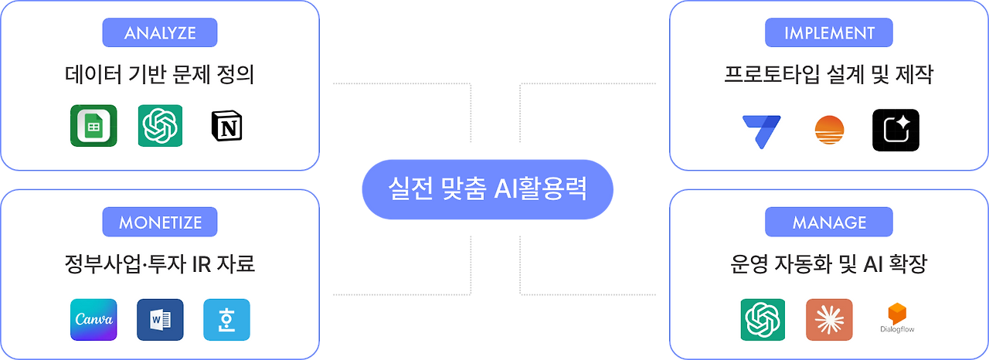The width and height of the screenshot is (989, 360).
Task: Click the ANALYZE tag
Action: pyautogui.click(x=160, y=33)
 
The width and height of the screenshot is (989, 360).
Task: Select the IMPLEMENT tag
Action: pyautogui.click(x=829, y=33)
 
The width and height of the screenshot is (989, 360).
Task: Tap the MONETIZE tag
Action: pyautogui.click(x=160, y=222)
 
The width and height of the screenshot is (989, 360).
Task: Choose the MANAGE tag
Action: pyautogui.click(x=829, y=222)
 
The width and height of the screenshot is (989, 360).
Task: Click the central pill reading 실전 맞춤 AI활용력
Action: pyautogui.click(x=488, y=189)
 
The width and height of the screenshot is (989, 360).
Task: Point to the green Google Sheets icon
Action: pyautogui.click(x=93, y=125)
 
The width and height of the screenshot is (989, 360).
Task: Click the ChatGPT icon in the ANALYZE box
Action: pyautogui.click(x=160, y=125)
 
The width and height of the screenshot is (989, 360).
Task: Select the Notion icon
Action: pyautogui.click(x=227, y=126)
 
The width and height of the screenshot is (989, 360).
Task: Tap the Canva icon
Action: pyautogui.click(x=93, y=320)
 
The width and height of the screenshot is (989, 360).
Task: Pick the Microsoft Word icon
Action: pyautogui.click(x=160, y=320)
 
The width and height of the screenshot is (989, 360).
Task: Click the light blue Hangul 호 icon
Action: pyautogui.click(x=227, y=320)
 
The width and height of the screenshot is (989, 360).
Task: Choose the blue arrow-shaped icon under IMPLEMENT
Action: pyautogui.click(x=761, y=128)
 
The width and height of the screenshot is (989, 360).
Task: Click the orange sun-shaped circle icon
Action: pyautogui.click(x=829, y=130)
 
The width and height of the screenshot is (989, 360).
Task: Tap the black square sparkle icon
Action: pyautogui.click(x=896, y=130)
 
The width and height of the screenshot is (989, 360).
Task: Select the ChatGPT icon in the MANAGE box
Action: pyautogui.click(x=763, y=319)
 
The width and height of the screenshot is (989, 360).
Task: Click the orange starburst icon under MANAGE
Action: pyautogui.click(x=829, y=319)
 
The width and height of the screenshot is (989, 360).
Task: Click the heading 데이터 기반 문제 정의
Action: pyautogui.click(x=160, y=76)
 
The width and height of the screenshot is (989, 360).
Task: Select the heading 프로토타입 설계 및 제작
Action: pyautogui.click(x=829, y=76)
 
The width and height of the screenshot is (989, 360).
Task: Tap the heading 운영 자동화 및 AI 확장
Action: pyautogui.click(x=829, y=265)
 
